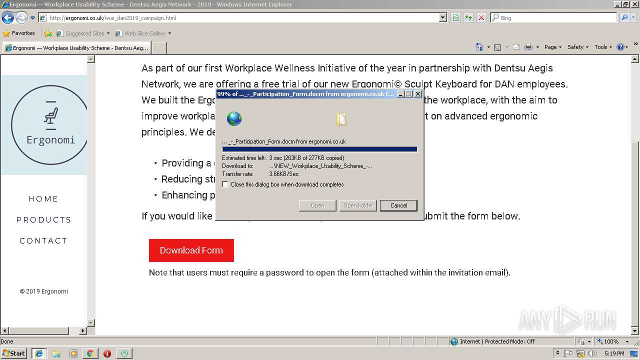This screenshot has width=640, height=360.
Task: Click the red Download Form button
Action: coord(191,250)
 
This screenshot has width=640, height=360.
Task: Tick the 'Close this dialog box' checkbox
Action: coord(225,184)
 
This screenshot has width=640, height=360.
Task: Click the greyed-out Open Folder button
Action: coord(358,205)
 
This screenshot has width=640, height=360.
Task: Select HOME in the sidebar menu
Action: coord(43,199)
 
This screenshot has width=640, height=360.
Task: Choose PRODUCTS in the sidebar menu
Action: coord(43,220)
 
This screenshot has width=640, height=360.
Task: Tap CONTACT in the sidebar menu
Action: coord(43,241)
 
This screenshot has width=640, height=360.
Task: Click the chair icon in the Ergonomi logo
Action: coord(50,115)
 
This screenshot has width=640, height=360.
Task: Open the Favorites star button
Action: coord(19,33)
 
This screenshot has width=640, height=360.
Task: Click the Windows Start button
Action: coord(13,353)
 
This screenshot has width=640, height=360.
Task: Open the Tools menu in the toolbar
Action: coord(602,47)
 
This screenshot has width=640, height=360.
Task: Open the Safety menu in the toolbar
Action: coord(577,47)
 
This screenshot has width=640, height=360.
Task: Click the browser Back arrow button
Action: coord(7,18)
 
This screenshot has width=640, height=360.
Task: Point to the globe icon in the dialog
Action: coord(234,119)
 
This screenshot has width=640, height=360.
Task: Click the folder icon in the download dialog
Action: coord(341,119)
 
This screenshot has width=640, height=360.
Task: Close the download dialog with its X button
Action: coord(418,94)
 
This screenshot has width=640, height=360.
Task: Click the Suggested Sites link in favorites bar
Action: coord(84,33)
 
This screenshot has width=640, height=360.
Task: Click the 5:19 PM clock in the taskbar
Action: coord(614,353)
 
